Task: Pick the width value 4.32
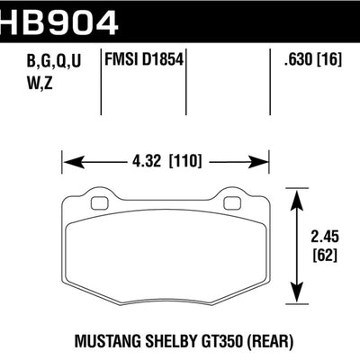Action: click(x=148, y=164)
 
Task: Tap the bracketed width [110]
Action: click(x=186, y=164)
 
